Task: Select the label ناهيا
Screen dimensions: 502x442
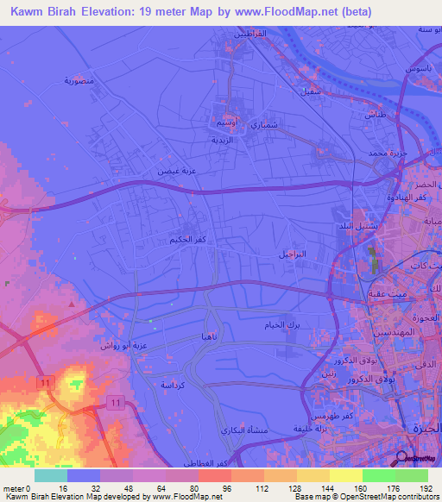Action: point(211,336)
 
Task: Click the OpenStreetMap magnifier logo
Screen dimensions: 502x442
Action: point(402,457)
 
